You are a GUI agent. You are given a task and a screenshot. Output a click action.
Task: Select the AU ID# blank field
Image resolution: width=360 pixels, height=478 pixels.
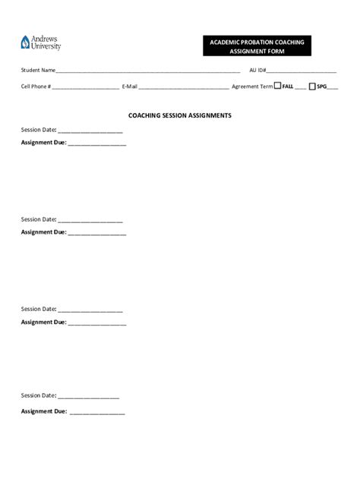point(302,71)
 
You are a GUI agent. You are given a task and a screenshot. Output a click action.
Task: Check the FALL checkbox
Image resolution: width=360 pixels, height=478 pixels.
point(277,86)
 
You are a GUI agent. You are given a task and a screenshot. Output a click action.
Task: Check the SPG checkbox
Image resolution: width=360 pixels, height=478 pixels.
point(312,86)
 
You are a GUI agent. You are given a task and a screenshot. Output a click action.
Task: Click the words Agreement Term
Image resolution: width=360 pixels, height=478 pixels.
point(251,86)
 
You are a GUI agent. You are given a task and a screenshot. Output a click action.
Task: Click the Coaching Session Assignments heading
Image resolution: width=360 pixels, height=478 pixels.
point(179,115)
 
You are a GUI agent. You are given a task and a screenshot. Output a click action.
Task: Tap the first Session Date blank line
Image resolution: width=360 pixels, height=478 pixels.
point(90,131)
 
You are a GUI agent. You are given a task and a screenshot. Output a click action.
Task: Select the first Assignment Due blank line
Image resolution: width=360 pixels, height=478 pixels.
point(96,144)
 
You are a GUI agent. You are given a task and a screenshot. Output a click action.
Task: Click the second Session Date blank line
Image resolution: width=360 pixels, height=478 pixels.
point(90,221)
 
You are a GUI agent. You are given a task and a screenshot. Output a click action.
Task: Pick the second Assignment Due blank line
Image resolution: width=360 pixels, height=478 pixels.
point(96,234)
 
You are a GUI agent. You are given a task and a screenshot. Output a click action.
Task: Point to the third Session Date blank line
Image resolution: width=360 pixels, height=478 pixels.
point(90,310)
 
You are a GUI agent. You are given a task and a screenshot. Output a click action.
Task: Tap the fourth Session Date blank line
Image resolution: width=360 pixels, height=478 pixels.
point(88,397)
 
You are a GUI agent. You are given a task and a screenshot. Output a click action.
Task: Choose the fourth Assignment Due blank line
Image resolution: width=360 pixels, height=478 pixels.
point(96,414)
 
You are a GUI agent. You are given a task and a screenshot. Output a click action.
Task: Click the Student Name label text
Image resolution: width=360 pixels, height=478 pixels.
point(38,71)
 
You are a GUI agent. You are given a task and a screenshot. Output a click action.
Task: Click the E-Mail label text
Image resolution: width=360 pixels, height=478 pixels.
point(129,86)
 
